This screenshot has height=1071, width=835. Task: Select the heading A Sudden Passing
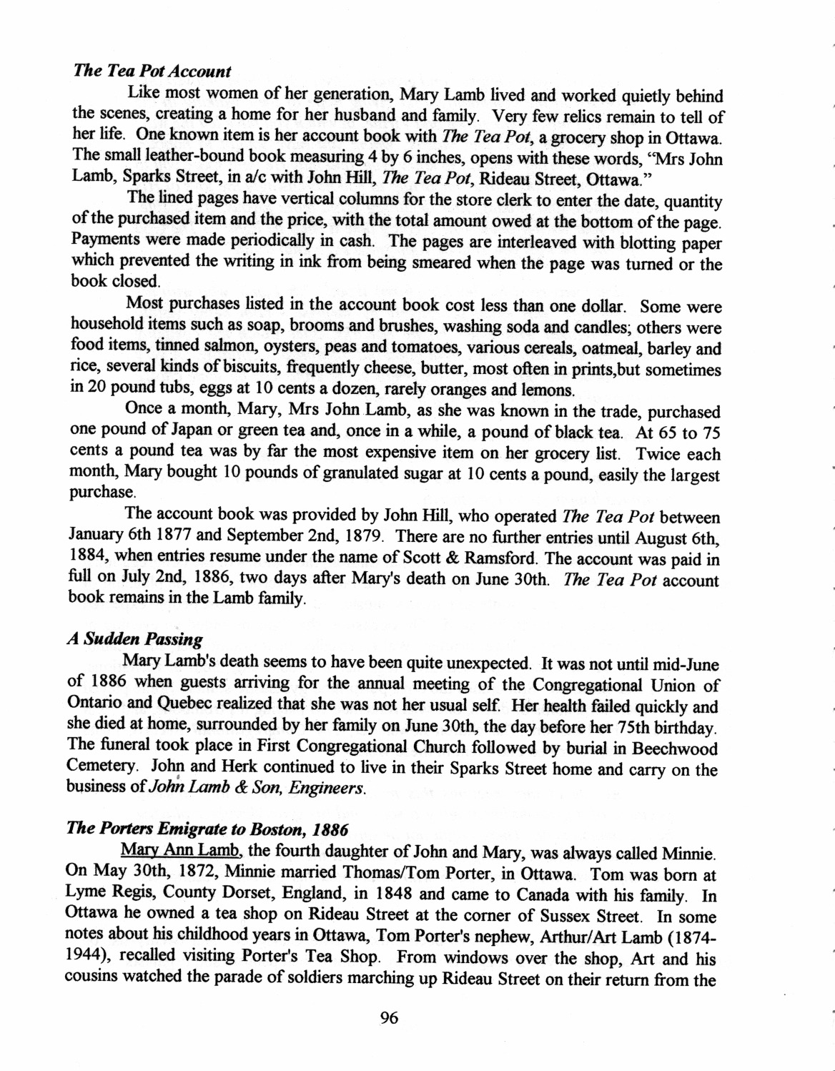(134, 639)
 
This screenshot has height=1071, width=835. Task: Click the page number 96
(390, 1019)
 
